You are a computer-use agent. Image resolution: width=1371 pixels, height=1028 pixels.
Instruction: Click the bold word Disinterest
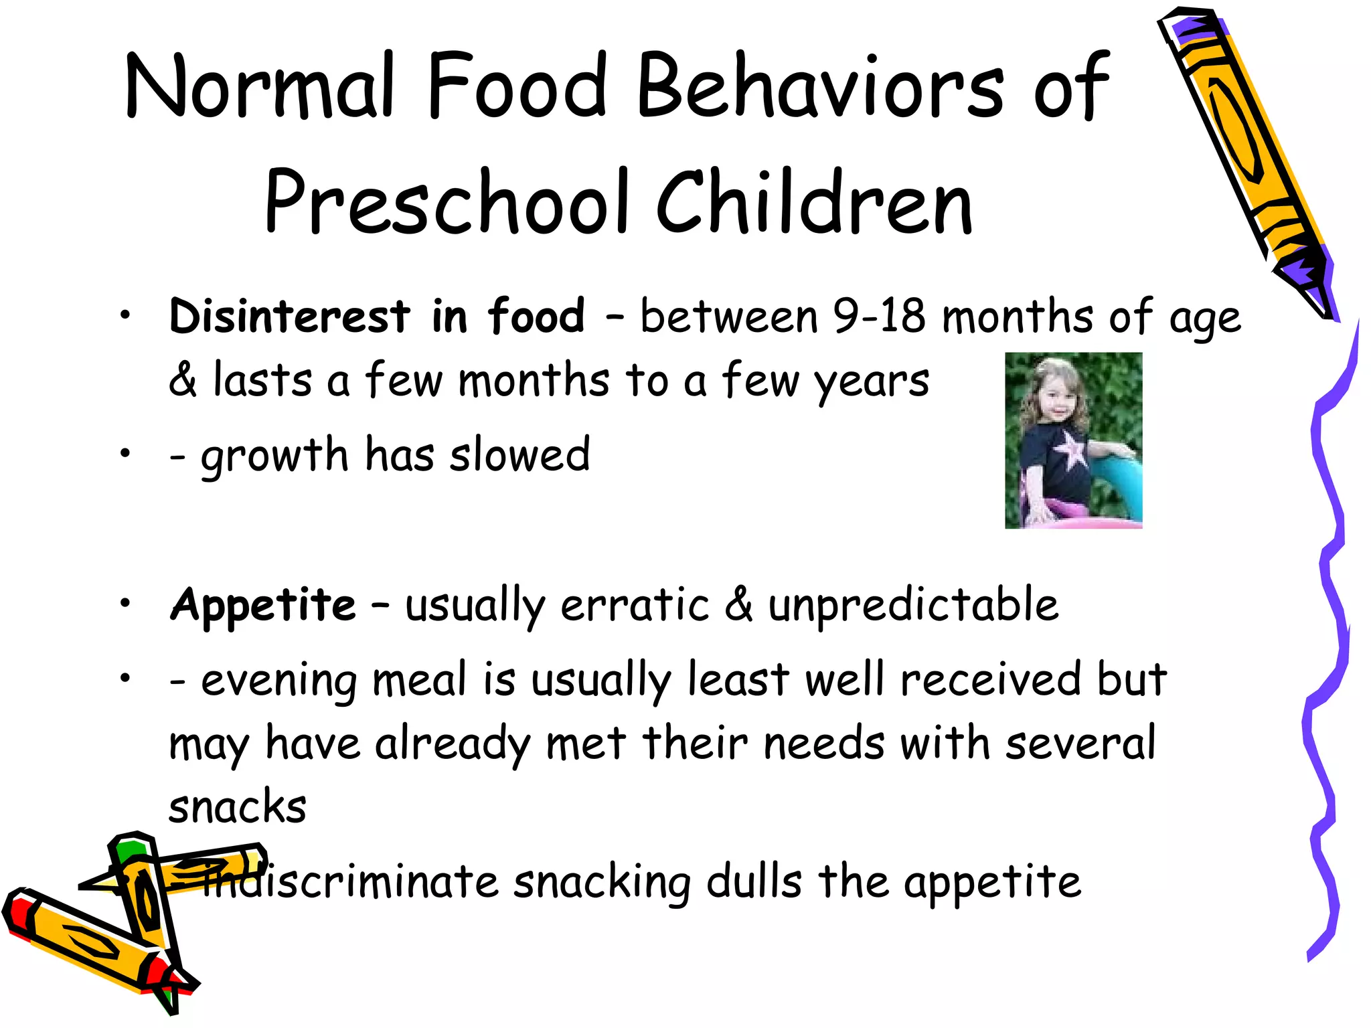tap(289, 316)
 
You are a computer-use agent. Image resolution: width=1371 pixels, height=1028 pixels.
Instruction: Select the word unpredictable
tap(913, 604)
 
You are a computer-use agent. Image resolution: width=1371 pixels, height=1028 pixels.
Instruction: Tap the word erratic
tap(635, 604)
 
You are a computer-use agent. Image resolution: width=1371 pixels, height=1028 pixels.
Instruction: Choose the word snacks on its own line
tap(238, 806)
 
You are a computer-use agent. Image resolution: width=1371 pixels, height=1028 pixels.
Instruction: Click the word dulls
tap(754, 881)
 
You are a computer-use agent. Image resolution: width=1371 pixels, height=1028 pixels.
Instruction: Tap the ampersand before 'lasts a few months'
tap(183, 380)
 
